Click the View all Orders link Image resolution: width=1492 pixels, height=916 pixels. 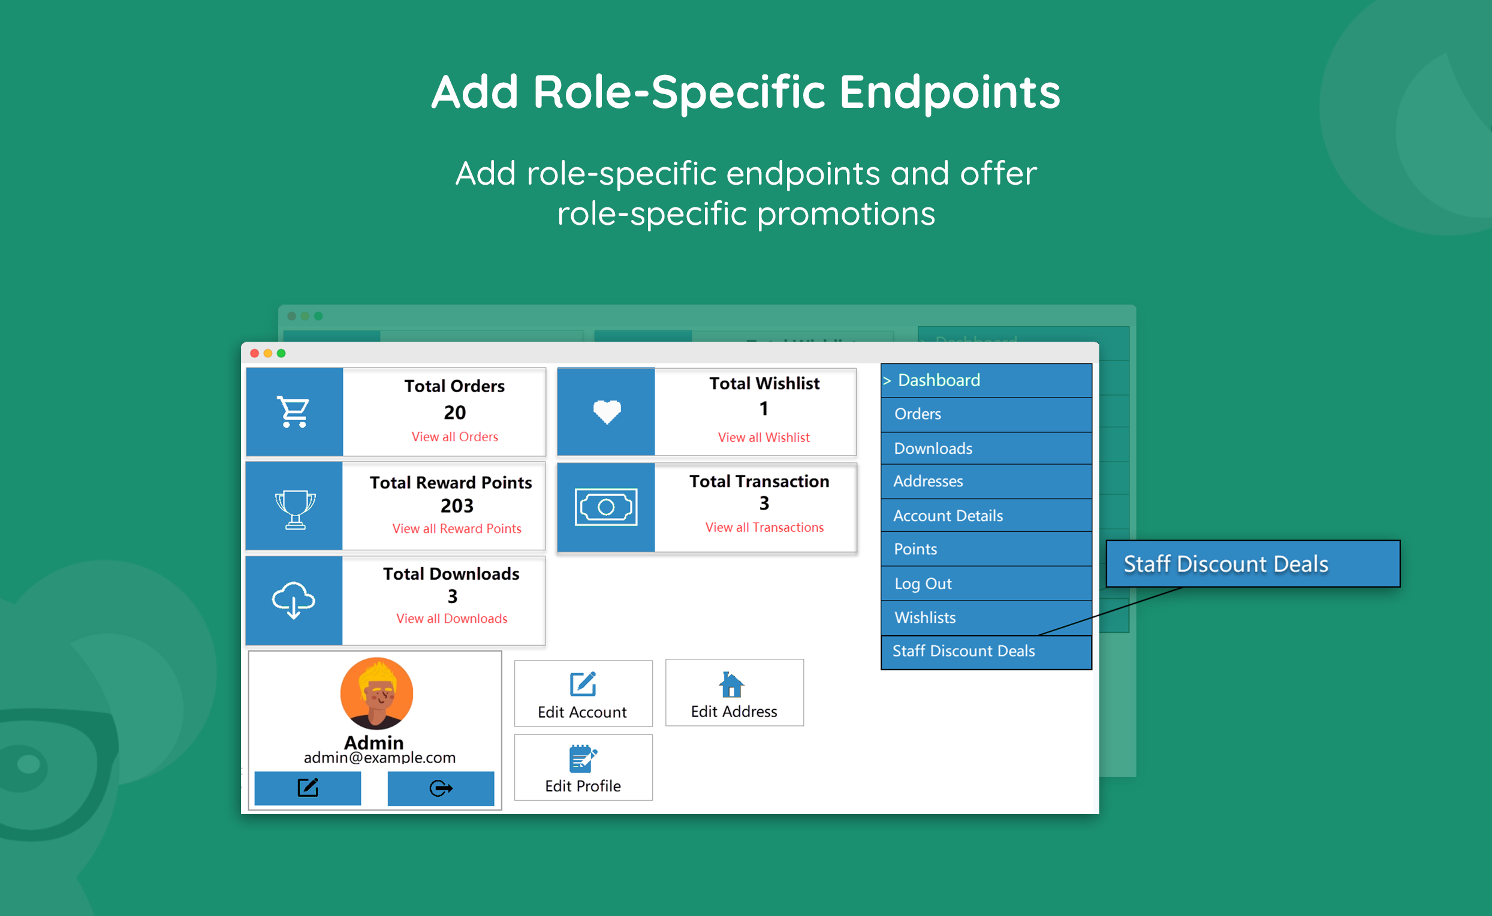tap(454, 437)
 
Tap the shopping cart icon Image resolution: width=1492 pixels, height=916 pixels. tap(294, 412)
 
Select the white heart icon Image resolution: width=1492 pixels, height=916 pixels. tap(607, 412)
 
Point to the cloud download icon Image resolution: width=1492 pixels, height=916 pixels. tap(294, 599)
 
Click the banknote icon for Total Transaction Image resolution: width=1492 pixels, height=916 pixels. tap(606, 507)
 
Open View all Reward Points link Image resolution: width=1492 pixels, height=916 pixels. tap(456, 529)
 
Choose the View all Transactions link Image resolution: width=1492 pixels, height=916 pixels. tap(764, 528)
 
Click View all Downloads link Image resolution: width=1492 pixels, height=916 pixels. tap(451, 619)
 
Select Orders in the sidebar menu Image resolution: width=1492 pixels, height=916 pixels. tap(917, 414)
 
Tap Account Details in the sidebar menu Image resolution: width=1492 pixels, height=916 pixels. tap(948, 516)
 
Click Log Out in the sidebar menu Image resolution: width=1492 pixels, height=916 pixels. tap(923, 584)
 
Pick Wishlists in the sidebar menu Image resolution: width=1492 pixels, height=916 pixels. tap(924, 618)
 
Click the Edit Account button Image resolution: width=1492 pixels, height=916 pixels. tap(583, 694)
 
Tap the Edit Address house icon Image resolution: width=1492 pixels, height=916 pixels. tap(731, 685)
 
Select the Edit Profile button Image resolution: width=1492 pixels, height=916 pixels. tap(583, 767)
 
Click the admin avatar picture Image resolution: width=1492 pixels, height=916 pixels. tap(376, 693)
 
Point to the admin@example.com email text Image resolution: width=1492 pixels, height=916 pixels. tap(379, 758)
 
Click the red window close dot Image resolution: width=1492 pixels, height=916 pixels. tap(254, 353)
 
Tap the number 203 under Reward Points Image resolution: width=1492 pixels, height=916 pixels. tap(456, 506)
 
